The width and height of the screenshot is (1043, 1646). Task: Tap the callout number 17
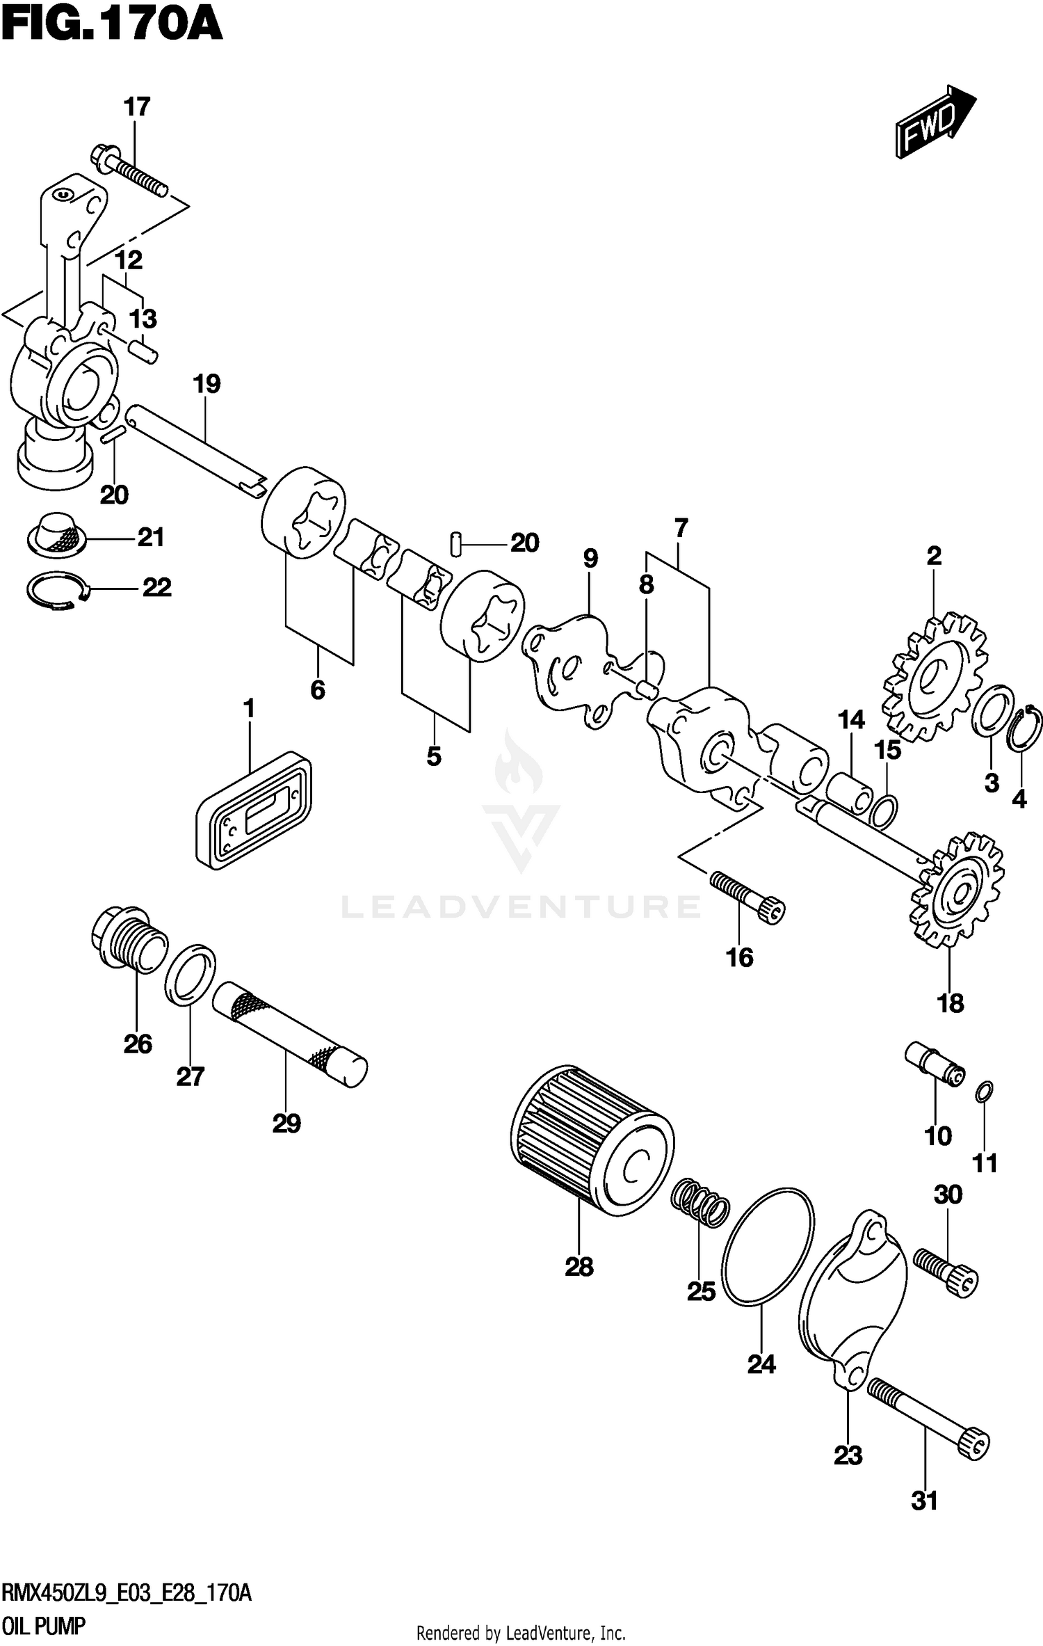(137, 107)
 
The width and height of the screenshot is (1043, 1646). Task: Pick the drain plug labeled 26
(129, 939)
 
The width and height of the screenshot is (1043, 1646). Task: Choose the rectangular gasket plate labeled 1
(253, 810)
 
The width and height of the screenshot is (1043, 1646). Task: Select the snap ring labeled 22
(58, 591)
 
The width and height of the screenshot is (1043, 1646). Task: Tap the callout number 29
(286, 1123)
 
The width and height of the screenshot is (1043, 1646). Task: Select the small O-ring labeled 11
(984, 1093)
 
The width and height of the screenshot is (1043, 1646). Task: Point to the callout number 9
(590, 558)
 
